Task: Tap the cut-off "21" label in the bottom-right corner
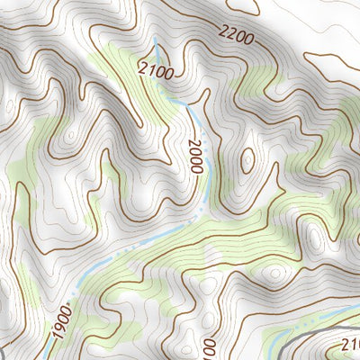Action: point(349,344)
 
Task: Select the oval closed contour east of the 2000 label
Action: point(247,161)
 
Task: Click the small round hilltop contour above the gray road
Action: point(274,275)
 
